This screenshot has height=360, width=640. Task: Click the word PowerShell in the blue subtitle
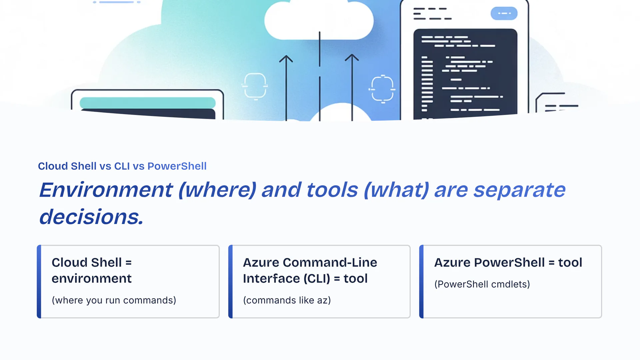pos(177,166)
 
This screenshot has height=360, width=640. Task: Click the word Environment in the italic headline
pos(106,190)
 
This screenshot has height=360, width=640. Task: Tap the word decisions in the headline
pos(91,217)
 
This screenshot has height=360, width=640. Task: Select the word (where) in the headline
pos(217,190)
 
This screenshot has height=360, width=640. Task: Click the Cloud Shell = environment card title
pos(92,270)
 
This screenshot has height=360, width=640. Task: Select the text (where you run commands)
pos(114,300)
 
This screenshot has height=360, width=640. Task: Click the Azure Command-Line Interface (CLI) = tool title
pos(310,270)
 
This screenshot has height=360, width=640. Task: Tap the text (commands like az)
pos(287,300)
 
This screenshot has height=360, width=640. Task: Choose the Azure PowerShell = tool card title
pos(508,263)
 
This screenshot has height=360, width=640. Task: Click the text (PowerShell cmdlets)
pos(482,284)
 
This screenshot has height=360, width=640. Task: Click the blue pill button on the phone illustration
pos(504,13)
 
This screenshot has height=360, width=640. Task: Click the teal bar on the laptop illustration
pos(148,103)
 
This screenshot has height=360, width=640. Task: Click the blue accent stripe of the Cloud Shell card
pos(39,282)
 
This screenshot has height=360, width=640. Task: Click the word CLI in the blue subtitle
pos(122,166)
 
